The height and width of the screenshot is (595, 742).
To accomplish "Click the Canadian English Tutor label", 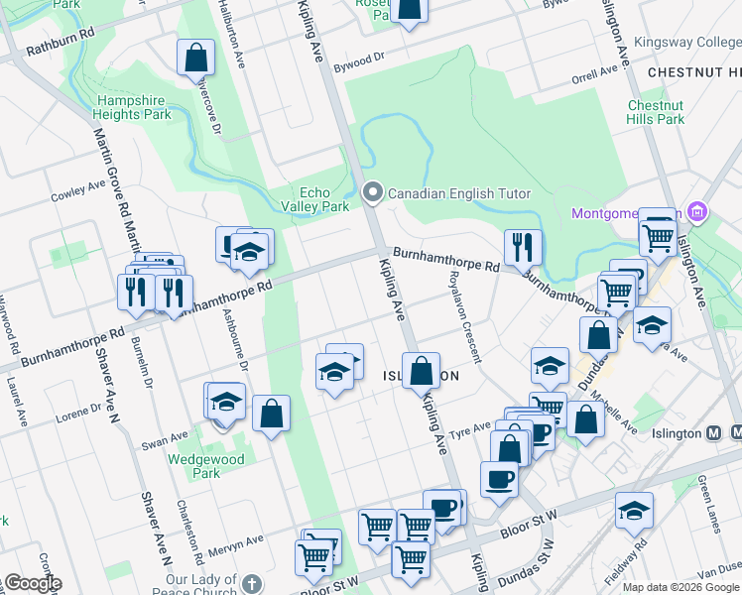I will (x=459, y=193).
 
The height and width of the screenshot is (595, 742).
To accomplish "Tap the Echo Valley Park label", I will (x=324, y=199).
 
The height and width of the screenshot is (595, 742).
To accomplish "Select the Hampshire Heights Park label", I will (x=134, y=107).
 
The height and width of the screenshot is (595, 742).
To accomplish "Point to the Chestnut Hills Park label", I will (x=656, y=112).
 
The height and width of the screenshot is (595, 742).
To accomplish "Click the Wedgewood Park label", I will (x=193, y=466).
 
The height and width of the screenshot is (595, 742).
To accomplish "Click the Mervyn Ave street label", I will (x=235, y=541).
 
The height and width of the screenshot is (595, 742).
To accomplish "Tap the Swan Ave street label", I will (x=165, y=435).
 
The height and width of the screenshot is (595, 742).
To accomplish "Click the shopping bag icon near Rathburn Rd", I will (x=195, y=58).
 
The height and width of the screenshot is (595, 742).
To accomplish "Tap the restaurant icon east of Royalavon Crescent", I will (x=522, y=247).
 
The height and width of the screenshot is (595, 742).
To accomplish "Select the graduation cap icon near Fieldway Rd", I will (x=634, y=510).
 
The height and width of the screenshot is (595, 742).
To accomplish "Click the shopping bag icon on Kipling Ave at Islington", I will (x=422, y=372).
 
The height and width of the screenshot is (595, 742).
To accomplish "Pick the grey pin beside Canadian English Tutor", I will (x=373, y=192).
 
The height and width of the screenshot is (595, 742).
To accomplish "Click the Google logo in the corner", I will (x=32, y=583).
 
